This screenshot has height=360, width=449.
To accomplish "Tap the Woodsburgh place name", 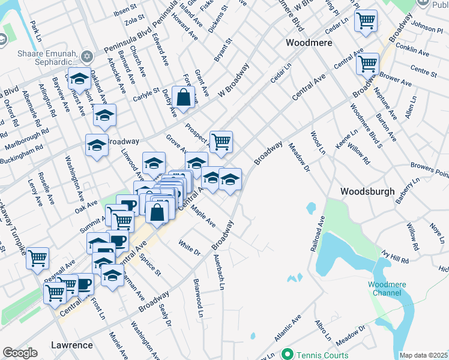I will [x=367, y=192].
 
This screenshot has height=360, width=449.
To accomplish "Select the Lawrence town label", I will [x=71, y=345].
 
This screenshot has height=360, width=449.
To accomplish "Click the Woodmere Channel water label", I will [x=384, y=289].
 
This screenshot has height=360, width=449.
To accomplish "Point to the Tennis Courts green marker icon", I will [x=288, y=354].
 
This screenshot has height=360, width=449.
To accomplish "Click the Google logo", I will [x=20, y=353].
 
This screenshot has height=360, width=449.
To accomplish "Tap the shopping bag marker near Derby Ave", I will [x=184, y=97].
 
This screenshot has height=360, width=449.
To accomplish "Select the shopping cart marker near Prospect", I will [x=221, y=141].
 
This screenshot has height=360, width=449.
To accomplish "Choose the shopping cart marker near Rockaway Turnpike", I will [x=38, y=257].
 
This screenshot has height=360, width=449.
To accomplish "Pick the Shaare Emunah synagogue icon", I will [x=87, y=57].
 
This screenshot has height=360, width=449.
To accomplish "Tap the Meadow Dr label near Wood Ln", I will [x=298, y=157].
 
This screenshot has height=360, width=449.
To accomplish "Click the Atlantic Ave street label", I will [x=288, y=331].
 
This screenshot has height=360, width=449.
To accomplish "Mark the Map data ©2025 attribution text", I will [x=423, y=355].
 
